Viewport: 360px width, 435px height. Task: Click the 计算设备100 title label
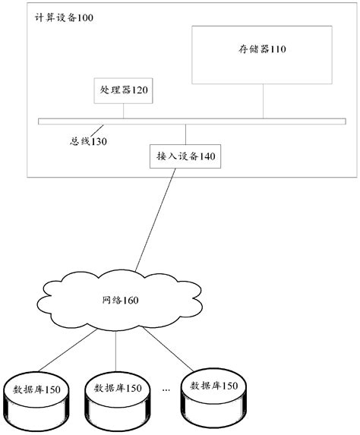65,17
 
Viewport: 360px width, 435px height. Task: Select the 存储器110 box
262,55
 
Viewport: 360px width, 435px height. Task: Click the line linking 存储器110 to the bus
263,101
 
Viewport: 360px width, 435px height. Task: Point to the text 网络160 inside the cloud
120,300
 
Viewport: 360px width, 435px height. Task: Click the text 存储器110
262,49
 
